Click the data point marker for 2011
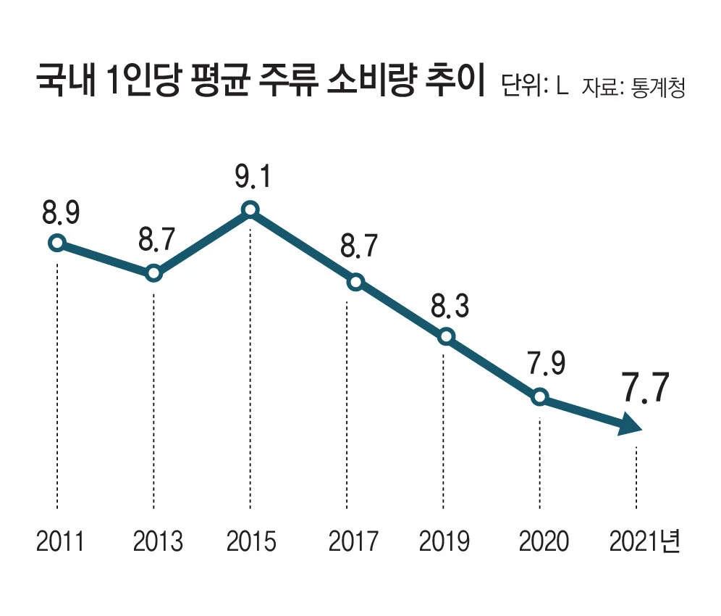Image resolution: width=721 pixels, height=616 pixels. (x=56, y=243)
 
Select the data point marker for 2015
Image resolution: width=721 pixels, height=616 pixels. (x=250, y=210)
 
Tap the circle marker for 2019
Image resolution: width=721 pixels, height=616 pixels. (x=447, y=336)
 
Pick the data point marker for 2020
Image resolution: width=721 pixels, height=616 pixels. (x=539, y=396)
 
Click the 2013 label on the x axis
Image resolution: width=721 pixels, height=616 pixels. (x=158, y=541)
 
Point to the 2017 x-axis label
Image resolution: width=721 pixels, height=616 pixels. (x=353, y=541)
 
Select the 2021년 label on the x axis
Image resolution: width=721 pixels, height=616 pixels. (x=645, y=541)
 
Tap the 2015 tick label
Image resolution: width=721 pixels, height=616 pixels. (x=251, y=541)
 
